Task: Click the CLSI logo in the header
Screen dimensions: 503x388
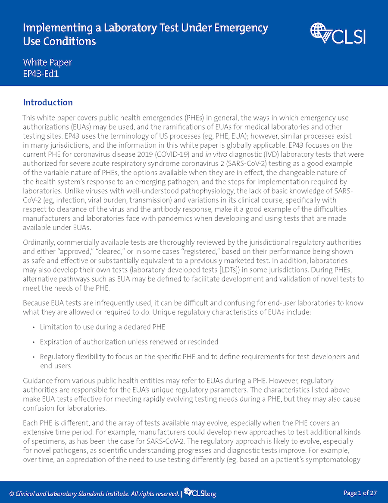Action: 338,34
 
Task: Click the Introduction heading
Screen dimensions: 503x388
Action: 48,102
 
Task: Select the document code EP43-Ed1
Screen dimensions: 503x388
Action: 41,73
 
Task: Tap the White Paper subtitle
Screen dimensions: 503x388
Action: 47,62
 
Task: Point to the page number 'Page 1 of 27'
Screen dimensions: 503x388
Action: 360,493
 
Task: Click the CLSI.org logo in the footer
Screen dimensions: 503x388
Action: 200,493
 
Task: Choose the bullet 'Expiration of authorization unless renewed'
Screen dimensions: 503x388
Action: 129,342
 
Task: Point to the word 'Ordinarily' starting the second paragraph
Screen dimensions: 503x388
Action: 38,242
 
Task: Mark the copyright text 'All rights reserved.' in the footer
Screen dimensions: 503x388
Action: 154,494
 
